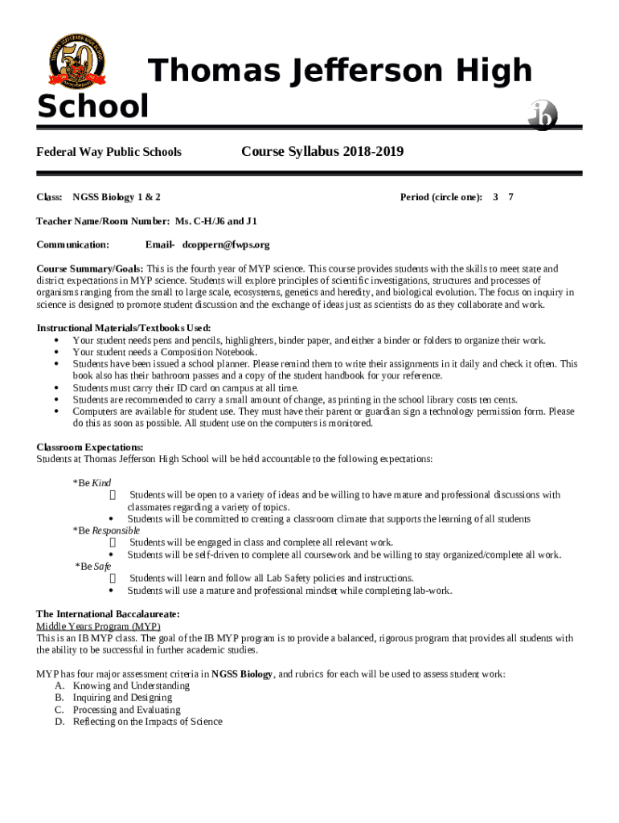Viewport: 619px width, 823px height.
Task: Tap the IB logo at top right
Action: click(x=543, y=115)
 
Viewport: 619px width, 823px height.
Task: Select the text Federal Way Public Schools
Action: click(x=109, y=152)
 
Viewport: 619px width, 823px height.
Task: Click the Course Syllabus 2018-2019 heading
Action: click(x=322, y=152)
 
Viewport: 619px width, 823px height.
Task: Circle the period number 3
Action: click(x=496, y=197)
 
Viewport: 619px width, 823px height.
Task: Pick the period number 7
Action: click(x=511, y=197)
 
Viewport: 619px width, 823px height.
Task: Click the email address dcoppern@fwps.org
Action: click(x=226, y=244)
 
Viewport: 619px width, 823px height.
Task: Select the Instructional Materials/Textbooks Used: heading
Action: click(x=124, y=328)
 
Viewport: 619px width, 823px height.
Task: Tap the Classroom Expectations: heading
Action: click(x=90, y=447)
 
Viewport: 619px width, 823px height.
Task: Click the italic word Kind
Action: click(x=101, y=483)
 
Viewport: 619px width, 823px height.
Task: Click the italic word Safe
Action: click(x=103, y=566)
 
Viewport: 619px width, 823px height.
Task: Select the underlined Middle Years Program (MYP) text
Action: click(x=98, y=626)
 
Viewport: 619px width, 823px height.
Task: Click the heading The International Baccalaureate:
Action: click(x=108, y=614)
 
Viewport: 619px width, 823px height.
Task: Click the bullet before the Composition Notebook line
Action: click(x=56, y=352)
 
